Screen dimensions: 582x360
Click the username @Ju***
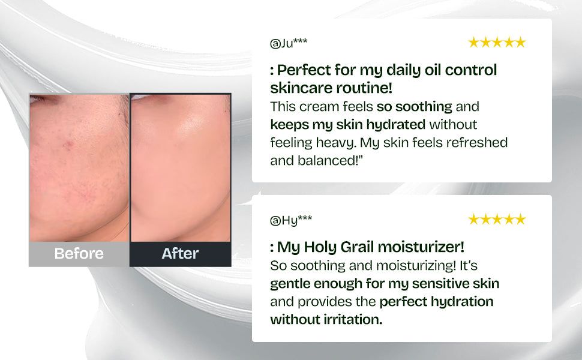tap(289, 43)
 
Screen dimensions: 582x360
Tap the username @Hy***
tap(291, 220)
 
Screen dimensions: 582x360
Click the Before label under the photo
tap(79, 253)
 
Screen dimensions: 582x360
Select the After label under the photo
tap(180, 253)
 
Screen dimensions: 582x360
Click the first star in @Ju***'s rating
tap(473, 43)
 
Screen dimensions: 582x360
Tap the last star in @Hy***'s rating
tap(520, 220)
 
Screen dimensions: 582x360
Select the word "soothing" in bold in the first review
tap(424, 107)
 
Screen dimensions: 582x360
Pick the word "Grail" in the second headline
tap(356, 247)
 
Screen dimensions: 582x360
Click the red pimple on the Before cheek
tap(68, 145)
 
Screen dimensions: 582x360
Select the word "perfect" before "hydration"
tap(403, 302)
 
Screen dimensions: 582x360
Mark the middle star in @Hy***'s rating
tap(497, 220)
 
